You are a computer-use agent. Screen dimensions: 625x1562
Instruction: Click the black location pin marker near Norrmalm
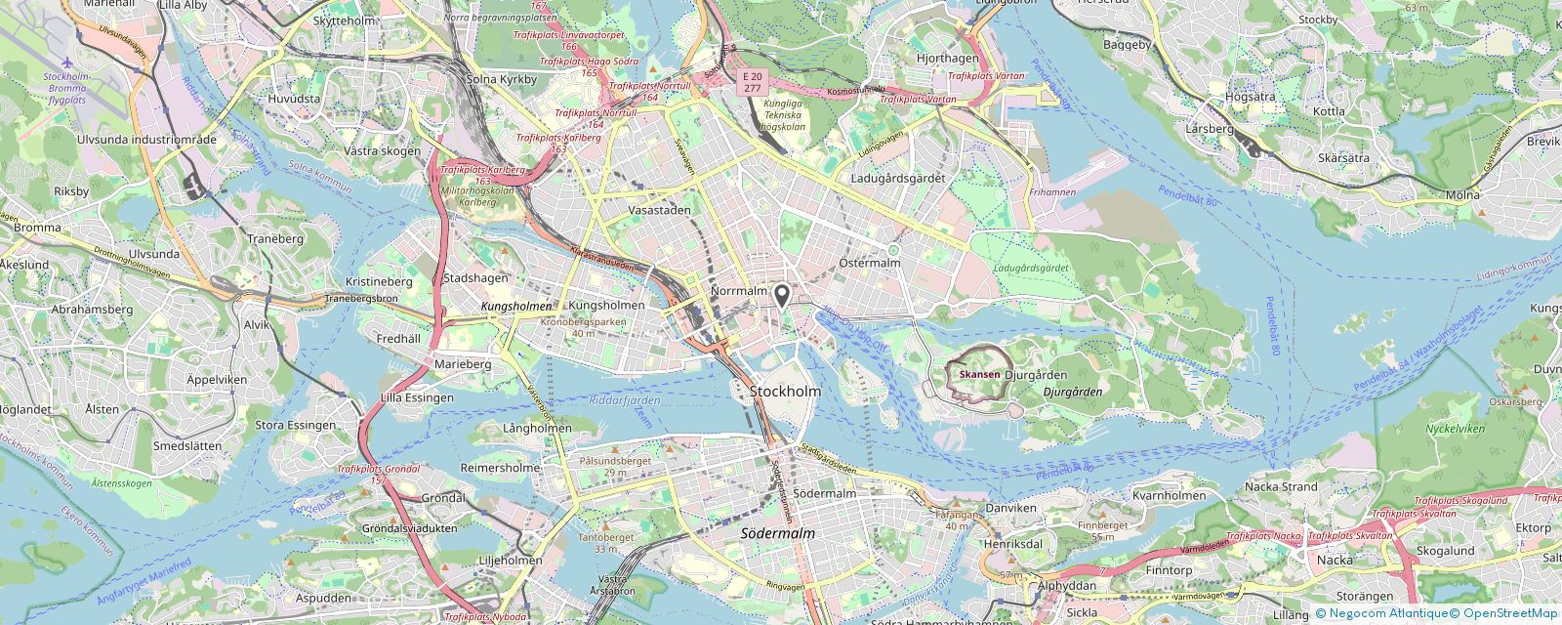click(x=781, y=295)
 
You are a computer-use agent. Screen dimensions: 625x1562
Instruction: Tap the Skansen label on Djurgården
click(x=979, y=375)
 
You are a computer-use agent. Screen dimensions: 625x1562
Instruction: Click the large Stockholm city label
click(x=785, y=392)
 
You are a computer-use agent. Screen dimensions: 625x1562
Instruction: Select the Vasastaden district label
click(x=659, y=210)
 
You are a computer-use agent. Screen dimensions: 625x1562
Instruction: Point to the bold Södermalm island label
click(x=777, y=534)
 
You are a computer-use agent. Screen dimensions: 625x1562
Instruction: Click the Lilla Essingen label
click(x=417, y=397)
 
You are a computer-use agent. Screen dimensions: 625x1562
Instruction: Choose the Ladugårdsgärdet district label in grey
click(x=898, y=179)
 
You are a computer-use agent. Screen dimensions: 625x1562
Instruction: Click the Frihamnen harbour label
click(x=1051, y=193)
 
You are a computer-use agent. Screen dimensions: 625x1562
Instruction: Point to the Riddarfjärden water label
click(x=625, y=400)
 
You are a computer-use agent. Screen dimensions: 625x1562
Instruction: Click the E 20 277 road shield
click(x=752, y=82)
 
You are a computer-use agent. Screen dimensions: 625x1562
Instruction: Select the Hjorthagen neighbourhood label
click(x=947, y=59)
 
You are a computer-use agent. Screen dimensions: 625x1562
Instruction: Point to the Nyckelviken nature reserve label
click(x=1455, y=429)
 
